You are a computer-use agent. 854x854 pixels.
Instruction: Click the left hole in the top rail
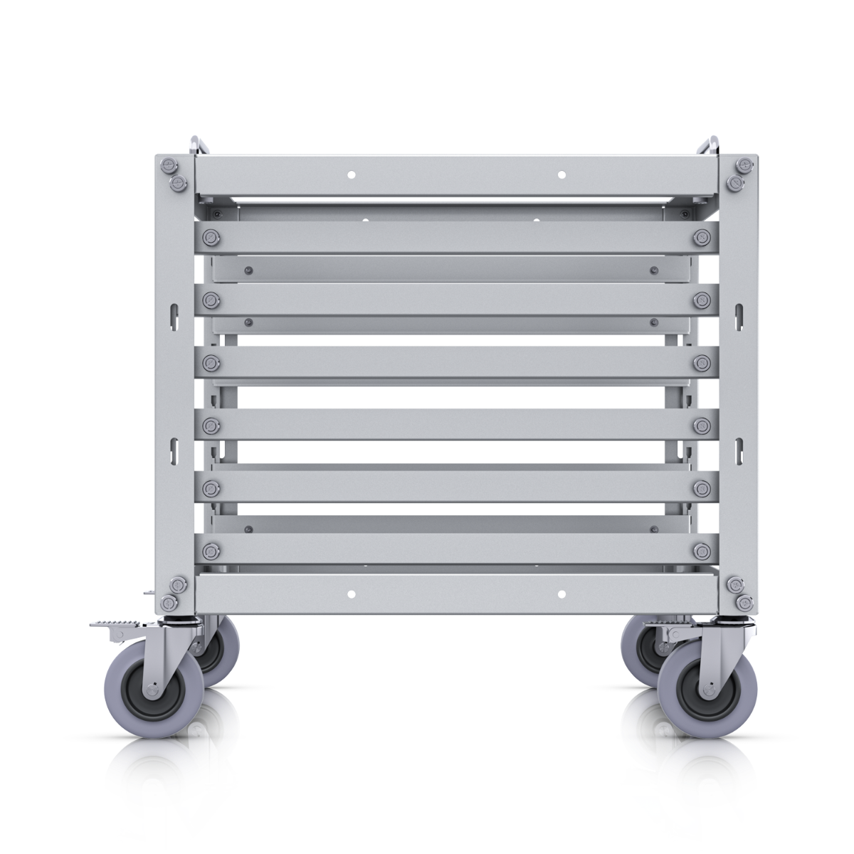351,174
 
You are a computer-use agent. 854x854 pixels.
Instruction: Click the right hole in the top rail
562,174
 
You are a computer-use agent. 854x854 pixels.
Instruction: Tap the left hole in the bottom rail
351,594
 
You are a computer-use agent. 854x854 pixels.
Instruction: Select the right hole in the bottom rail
562,594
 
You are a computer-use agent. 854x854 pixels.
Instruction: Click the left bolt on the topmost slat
211,238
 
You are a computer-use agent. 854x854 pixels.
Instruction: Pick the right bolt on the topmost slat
702,238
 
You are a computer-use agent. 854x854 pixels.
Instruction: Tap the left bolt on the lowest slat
211,550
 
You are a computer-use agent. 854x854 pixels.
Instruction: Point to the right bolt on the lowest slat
702,550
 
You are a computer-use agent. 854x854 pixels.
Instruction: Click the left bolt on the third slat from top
211,363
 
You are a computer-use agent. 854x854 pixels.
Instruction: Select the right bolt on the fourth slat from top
702,426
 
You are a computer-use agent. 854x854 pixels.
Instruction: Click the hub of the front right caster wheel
707,690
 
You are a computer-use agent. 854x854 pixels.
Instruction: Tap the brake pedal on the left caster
114,625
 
